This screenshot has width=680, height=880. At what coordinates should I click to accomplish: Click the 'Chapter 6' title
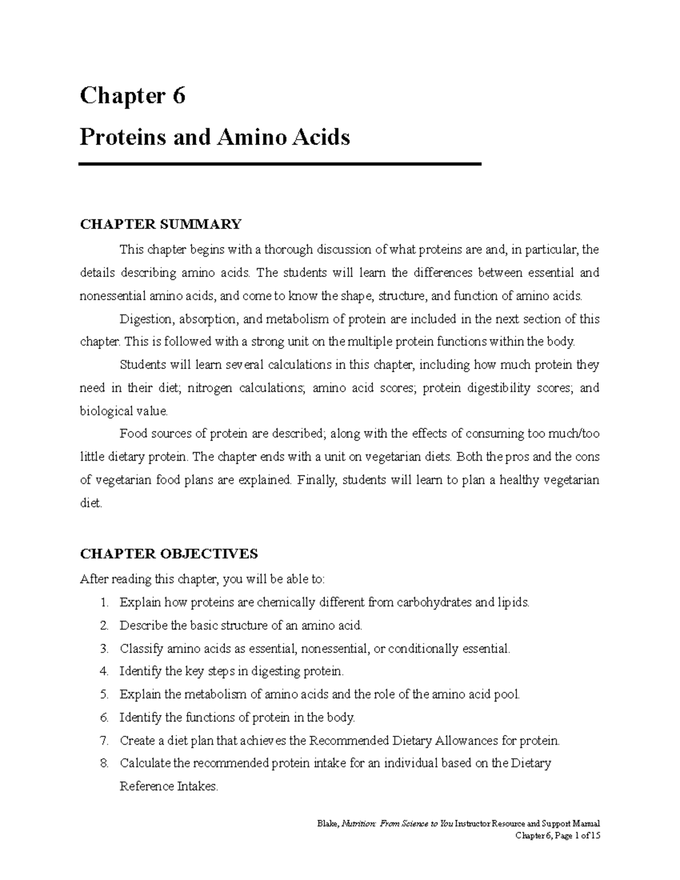[133, 96]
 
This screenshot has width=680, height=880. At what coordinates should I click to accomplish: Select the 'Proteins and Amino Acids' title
[215, 137]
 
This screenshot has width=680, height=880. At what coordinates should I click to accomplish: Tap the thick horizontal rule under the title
[280, 164]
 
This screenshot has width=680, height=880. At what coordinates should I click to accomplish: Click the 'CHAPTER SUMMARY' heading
[160, 224]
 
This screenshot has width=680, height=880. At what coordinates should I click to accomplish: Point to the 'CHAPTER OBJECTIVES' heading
[169, 553]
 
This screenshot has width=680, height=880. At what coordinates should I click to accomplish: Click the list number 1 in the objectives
[103, 602]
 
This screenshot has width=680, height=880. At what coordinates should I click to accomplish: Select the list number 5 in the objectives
[103, 694]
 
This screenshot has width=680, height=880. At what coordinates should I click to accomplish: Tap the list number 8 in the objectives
[103, 763]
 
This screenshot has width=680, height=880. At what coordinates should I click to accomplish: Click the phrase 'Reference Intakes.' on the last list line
[168, 787]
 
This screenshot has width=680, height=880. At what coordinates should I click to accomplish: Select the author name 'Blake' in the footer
[328, 824]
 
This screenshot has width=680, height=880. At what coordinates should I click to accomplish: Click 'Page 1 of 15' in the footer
[577, 835]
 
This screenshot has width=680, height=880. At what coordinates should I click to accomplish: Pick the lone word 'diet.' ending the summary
[91, 503]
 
